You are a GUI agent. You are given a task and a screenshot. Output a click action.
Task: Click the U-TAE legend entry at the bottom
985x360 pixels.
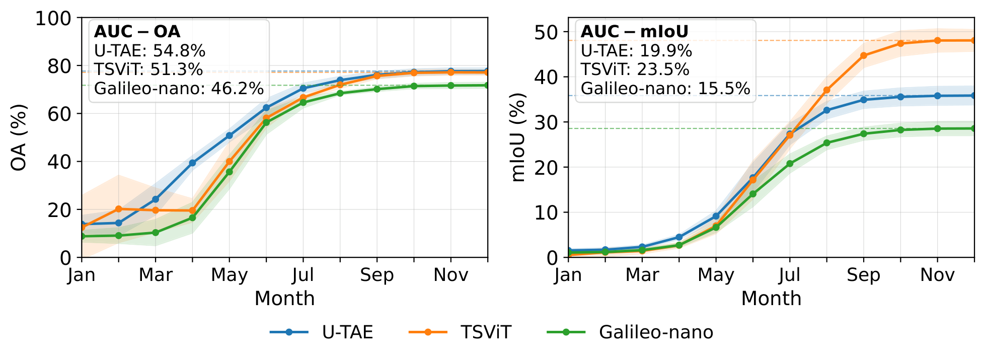tap(322, 332)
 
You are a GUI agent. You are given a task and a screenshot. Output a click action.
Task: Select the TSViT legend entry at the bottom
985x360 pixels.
tap(460, 332)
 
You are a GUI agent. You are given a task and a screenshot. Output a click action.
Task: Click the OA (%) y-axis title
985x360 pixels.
tap(19, 137)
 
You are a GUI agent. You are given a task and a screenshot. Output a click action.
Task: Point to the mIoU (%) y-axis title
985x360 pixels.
tap(518, 137)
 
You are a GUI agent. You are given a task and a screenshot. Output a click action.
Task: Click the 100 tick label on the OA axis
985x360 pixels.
tap(54, 19)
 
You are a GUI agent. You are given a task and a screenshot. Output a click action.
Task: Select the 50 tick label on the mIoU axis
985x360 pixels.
tap(547, 32)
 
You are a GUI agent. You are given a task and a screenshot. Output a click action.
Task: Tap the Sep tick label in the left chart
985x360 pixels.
tap(377, 275)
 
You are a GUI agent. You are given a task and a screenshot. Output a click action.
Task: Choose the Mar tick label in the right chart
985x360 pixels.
tap(642, 275)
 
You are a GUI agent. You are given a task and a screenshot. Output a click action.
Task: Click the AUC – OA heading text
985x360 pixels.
tap(137, 32)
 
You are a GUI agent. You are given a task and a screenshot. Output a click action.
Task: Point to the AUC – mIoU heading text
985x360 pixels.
tap(634, 32)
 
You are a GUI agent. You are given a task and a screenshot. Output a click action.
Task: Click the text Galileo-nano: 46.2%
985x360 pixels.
tap(179, 89)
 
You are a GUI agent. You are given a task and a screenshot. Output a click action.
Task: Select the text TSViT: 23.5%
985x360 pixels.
tap(635, 69)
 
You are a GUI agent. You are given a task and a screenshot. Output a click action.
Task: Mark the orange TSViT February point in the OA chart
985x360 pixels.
tap(119, 208)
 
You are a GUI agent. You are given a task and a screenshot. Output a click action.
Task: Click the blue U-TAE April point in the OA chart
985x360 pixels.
tap(192, 163)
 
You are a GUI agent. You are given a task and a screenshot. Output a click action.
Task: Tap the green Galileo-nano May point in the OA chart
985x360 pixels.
tap(230, 172)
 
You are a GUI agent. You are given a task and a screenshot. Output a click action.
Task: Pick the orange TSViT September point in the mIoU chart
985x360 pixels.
tap(864, 55)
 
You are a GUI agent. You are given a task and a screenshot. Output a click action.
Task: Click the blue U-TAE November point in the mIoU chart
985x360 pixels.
tap(938, 96)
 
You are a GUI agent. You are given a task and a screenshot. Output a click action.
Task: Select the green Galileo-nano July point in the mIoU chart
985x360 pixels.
tap(790, 164)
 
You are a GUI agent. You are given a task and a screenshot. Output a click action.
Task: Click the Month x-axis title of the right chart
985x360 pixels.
tap(771, 299)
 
